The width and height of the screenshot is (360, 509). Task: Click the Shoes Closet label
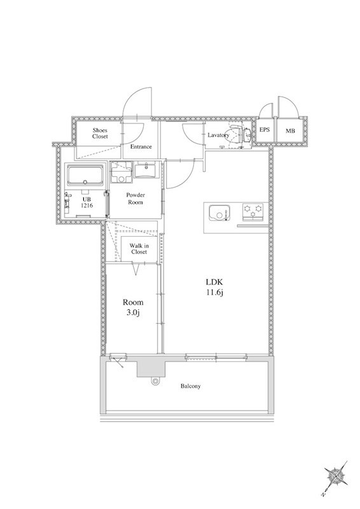(100, 134)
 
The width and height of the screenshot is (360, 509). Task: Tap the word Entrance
(141, 147)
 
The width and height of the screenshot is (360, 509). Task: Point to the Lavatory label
(218, 135)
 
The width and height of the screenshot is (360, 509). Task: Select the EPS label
(265, 130)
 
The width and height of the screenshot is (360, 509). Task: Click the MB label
(290, 131)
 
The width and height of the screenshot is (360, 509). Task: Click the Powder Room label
(135, 199)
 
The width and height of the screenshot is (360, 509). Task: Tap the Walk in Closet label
(139, 249)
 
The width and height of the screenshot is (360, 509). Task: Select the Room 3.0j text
(133, 307)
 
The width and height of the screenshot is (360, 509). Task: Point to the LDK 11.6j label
(214, 287)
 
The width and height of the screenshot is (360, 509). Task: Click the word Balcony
(191, 386)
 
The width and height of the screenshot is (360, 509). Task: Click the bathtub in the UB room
(85, 176)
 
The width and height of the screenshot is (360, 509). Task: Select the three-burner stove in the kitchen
(253, 212)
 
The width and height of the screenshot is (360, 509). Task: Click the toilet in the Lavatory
(240, 134)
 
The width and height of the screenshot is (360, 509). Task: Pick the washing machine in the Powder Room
(121, 172)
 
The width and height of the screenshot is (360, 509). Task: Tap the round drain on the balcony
(156, 381)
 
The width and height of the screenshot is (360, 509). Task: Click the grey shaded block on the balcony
(151, 368)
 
